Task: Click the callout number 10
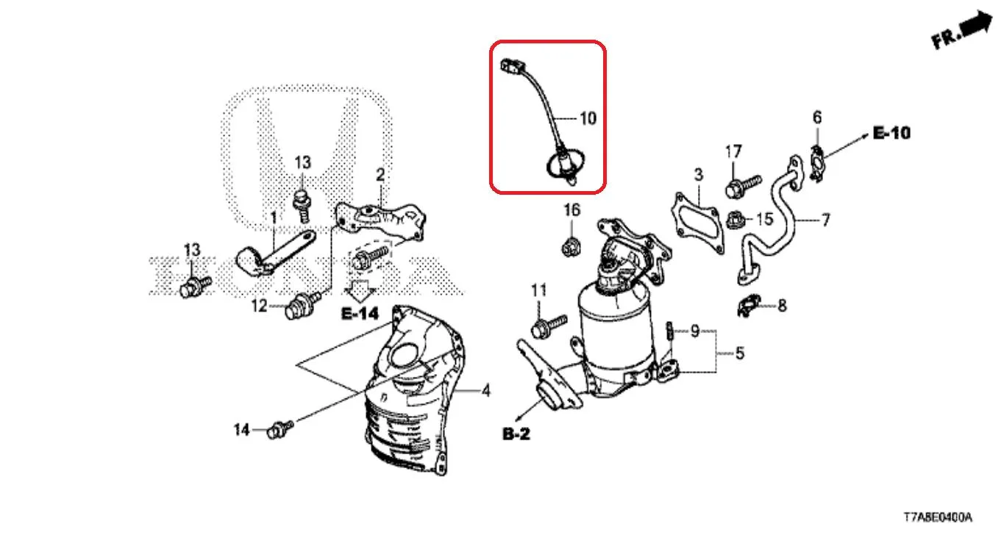click(x=588, y=118)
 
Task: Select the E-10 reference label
click(x=891, y=133)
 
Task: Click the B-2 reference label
click(x=516, y=434)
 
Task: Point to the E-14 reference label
click(x=360, y=313)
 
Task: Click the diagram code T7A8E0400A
click(x=938, y=517)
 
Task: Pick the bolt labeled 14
click(x=280, y=429)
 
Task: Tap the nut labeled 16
click(x=571, y=247)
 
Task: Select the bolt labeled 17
click(x=742, y=186)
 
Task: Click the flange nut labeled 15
click(x=736, y=220)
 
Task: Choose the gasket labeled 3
click(x=697, y=224)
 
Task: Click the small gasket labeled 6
click(x=818, y=163)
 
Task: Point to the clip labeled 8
click(x=749, y=306)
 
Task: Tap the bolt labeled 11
click(x=549, y=326)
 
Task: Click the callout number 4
click(x=486, y=391)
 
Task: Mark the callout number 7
click(x=825, y=220)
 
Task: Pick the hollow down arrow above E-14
click(x=360, y=290)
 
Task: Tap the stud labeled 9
click(x=669, y=331)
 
